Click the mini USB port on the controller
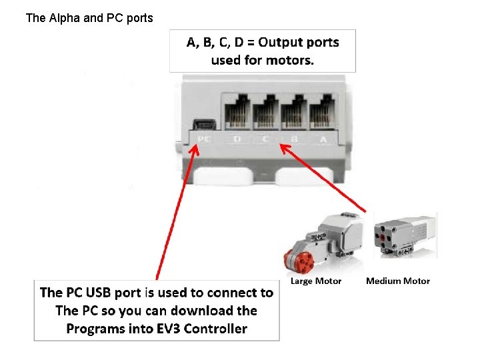(x=203, y=124)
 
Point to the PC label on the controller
(x=203, y=139)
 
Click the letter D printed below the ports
(x=237, y=139)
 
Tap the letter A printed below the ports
(x=323, y=139)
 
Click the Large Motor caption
(x=316, y=281)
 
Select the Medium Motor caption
(x=398, y=281)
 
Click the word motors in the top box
(x=291, y=60)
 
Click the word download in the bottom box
(x=202, y=311)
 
